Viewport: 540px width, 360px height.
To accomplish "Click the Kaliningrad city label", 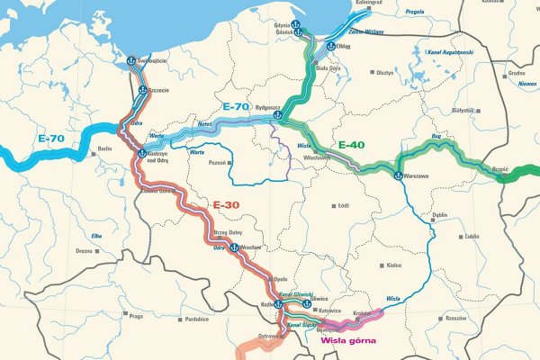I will point(370,3).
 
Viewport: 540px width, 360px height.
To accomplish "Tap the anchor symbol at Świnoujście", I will point(130,61).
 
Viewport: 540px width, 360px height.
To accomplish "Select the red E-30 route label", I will point(228,204).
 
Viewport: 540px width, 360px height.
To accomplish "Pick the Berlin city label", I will point(103,149).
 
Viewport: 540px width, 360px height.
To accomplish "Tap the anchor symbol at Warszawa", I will point(397,175).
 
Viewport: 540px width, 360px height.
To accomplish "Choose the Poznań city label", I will point(217,166).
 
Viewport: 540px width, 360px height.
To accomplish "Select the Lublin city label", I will point(472,237).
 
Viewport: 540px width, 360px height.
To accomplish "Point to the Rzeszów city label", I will point(455,318).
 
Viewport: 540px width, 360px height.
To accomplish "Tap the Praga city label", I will point(136,316).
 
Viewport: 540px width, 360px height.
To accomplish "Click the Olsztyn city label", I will point(385,71).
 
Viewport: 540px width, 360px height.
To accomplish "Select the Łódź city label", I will point(342,205).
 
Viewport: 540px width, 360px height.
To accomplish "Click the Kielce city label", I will point(393,265).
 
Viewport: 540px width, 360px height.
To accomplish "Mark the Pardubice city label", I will point(197,319).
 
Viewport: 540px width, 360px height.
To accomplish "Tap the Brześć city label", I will point(501,168).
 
